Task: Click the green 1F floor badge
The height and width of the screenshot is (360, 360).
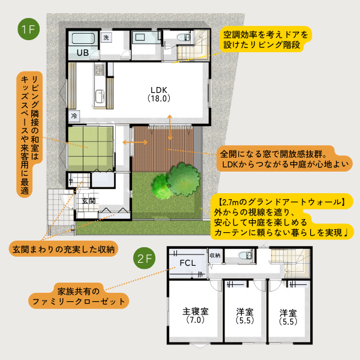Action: (x=28, y=29)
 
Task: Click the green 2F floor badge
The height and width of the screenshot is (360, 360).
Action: (x=144, y=258)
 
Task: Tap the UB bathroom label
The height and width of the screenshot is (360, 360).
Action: (x=83, y=53)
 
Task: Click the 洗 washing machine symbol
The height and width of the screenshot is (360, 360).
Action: (x=106, y=37)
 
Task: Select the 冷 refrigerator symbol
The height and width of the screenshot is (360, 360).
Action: (x=74, y=116)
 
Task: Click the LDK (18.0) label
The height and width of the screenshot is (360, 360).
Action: (x=159, y=94)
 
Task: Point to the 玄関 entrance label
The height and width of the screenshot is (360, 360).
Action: (x=89, y=201)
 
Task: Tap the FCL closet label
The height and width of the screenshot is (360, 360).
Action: (x=188, y=263)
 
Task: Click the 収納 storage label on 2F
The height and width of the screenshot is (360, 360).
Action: (x=215, y=256)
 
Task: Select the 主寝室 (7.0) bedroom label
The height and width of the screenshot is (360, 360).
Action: (x=196, y=316)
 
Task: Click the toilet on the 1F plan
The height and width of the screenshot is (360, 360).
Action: (x=184, y=37)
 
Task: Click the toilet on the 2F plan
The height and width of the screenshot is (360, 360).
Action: (x=246, y=255)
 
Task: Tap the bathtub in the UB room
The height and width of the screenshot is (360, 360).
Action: (x=83, y=38)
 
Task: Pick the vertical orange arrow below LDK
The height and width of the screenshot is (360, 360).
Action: (x=170, y=127)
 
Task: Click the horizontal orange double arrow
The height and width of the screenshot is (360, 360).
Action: (x=135, y=142)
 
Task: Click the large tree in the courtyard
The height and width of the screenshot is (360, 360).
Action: (x=183, y=179)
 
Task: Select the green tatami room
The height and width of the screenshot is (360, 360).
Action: (x=91, y=149)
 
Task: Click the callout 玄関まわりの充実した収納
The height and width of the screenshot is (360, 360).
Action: (x=64, y=249)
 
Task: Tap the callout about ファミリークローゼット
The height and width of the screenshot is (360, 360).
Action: (x=79, y=296)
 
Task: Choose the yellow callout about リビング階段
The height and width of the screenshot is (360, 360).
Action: (x=266, y=40)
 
